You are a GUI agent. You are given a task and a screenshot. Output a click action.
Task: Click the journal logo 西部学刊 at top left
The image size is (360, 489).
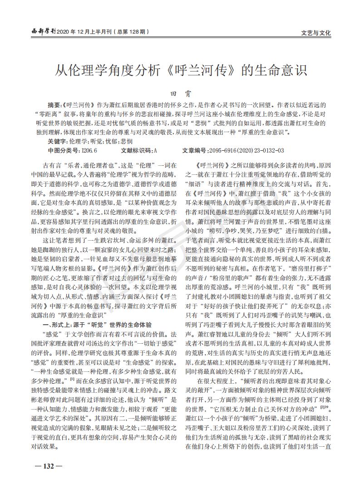[x=41, y=32]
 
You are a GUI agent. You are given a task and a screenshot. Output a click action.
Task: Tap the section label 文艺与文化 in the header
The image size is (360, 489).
[x=316, y=33]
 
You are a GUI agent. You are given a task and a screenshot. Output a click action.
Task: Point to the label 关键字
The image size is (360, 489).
[x=56, y=141]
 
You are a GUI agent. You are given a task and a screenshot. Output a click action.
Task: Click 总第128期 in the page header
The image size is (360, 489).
[x=131, y=32]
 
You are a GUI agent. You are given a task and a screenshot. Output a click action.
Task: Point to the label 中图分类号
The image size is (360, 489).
[x=62, y=150]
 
